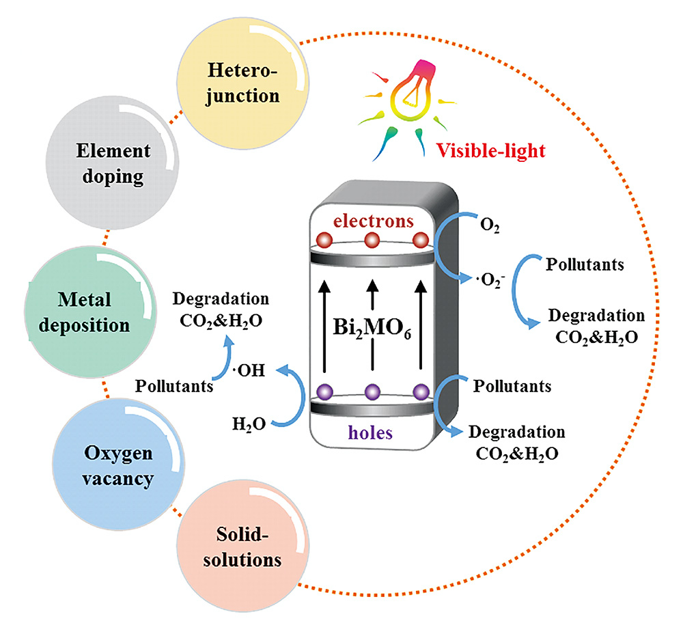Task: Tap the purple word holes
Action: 374,432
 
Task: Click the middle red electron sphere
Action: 372,241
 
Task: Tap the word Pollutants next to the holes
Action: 511,387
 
